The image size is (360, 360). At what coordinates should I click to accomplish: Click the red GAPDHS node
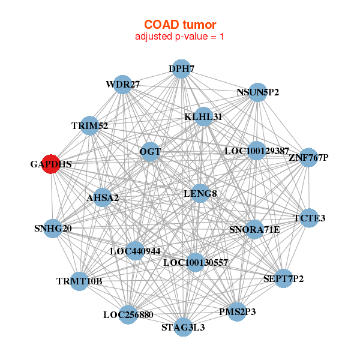point(52,163)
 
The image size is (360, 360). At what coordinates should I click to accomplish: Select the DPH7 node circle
point(181,69)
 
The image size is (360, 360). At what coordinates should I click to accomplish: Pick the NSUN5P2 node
point(257,92)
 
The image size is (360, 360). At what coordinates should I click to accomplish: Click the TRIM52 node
point(89,125)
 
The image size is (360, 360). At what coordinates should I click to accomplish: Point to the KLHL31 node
point(203,116)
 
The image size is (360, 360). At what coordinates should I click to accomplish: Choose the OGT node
point(150,152)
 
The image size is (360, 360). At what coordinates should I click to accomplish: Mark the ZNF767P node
point(308,158)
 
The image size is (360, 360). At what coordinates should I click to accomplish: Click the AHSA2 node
point(103,197)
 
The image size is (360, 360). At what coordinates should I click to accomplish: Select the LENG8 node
point(200,193)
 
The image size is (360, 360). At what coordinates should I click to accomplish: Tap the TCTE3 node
point(309,218)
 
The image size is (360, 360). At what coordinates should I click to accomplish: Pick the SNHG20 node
point(53,228)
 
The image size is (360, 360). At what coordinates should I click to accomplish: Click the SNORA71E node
point(254,229)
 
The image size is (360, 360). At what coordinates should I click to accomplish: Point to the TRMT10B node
point(79,281)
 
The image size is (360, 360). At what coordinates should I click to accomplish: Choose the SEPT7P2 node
point(283,279)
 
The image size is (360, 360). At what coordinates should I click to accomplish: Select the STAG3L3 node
point(183,327)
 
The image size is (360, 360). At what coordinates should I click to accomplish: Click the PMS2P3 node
point(236,311)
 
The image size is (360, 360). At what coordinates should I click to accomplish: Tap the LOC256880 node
point(128,314)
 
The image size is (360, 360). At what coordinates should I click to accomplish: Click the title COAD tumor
point(180,24)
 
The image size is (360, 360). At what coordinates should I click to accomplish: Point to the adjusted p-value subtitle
point(180,37)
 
